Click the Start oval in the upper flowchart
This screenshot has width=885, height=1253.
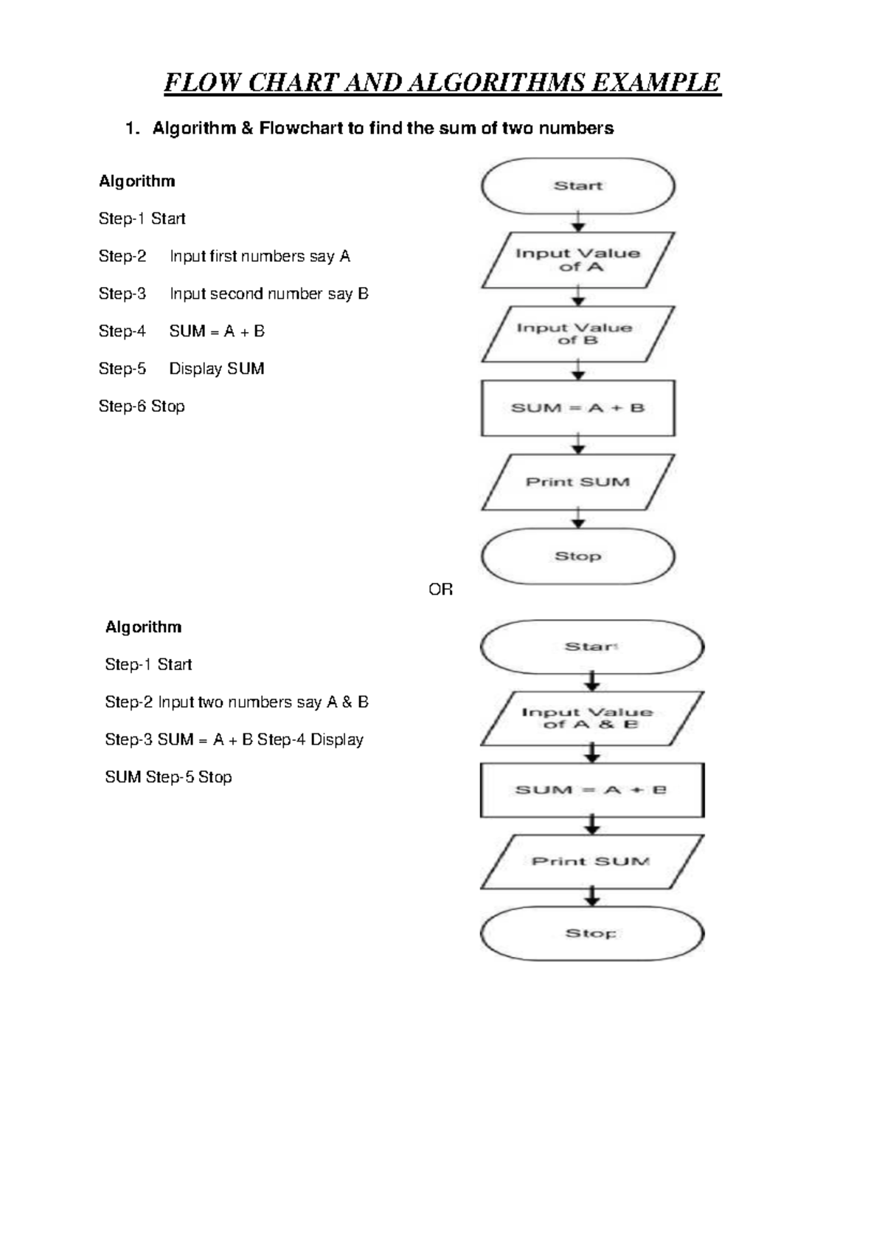[x=577, y=186]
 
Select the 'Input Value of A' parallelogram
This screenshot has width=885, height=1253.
[x=577, y=260]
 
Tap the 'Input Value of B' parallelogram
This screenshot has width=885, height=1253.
[x=577, y=334]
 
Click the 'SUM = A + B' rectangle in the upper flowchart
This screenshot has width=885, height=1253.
[x=577, y=408]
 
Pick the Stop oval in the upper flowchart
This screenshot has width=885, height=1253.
[x=577, y=556]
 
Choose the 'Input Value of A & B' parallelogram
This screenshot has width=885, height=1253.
[x=591, y=718]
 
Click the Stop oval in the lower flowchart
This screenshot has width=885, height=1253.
[x=591, y=933]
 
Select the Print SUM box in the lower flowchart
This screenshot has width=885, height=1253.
[x=591, y=861]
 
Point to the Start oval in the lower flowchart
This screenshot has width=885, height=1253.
[x=591, y=647]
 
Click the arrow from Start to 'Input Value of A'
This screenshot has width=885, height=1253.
[x=579, y=222]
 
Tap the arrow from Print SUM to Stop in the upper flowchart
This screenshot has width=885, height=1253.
[x=579, y=518]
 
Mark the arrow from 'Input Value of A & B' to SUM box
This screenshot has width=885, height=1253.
[x=592, y=753]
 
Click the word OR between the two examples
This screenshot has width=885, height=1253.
[x=440, y=590]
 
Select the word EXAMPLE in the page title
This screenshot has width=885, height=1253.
[x=656, y=83]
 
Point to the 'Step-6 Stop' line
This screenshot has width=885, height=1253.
[x=142, y=406]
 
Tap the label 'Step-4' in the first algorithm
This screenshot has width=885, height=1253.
[x=122, y=331]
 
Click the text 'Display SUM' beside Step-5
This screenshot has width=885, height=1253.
[x=217, y=369]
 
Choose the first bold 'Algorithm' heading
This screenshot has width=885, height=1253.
[x=137, y=182]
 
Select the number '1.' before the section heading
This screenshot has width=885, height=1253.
[x=132, y=128]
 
